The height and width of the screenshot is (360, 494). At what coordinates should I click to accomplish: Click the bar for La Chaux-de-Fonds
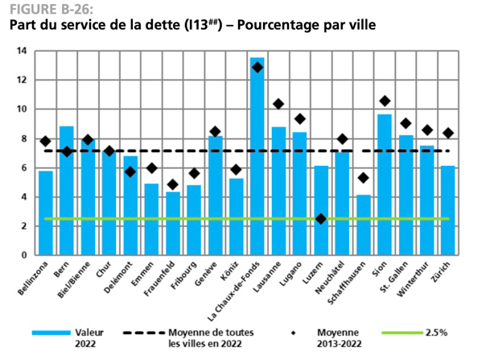coord(257,157)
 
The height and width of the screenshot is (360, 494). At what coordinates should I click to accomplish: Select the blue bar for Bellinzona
coord(46,213)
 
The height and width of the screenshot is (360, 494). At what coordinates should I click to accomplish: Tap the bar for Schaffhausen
coord(364,225)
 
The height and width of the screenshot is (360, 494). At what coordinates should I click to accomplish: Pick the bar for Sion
coord(385,184)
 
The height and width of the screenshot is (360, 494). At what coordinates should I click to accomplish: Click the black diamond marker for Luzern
coord(321,218)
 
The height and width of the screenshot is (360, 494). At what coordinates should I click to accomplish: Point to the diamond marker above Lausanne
coord(278,104)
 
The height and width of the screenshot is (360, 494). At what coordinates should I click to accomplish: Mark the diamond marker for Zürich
coord(448,133)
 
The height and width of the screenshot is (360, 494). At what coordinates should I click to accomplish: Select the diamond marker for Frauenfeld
coord(173,184)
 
